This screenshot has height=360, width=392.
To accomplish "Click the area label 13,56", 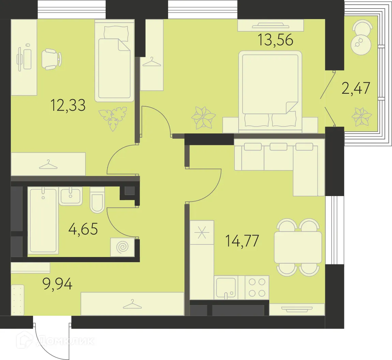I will tap(275, 40).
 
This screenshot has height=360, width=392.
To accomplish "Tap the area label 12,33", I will tap(68, 105).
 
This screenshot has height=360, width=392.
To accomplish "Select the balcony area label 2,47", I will tap(356, 88).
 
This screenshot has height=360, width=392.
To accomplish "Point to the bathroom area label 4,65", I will tap(83, 229).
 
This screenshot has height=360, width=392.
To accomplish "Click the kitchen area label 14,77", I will tap(242, 241).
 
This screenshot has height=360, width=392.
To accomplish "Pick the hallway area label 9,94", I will tap(57, 283).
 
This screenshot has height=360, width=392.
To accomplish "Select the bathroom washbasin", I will tap(71, 196).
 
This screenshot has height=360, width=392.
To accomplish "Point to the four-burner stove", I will tap(257, 288).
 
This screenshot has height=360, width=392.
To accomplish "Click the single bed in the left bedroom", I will tap(115, 65).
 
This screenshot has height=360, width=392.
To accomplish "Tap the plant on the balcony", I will tap(361, 116).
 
